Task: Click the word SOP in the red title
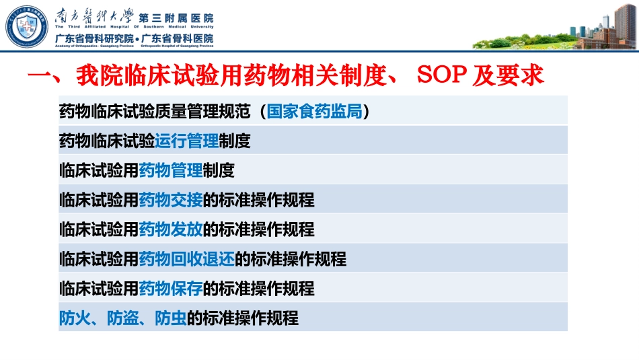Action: [x=443, y=75]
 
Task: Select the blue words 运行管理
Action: [x=186, y=141]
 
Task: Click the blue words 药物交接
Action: [x=170, y=201]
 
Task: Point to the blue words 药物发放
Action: [x=170, y=230]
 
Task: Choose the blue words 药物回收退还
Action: [x=186, y=259]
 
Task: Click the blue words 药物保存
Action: [x=170, y=289]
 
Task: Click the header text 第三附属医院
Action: [x=176, y=17]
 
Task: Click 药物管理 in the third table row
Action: [x=170, y=171]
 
